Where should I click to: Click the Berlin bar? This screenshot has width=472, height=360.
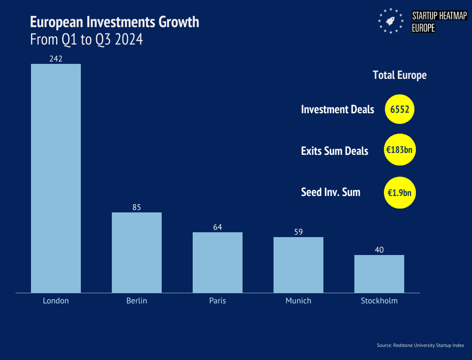coord(137,252)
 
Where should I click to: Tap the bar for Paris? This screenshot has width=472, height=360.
coord(217,262)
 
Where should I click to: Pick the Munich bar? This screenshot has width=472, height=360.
coord(298,265)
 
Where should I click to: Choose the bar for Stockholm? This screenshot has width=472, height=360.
coord(379,273)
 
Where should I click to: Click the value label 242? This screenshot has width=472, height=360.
coord(56,59)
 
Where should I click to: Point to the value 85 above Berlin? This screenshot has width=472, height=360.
coord(137,207)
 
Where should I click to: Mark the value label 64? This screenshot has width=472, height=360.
coord(217,227)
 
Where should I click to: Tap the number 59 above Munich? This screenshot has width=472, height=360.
coord(298,232)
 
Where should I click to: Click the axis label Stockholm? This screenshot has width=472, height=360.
coord(379,300)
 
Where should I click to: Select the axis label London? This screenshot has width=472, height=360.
coord(56,300)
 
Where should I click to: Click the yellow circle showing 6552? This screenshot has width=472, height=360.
coord(400,109)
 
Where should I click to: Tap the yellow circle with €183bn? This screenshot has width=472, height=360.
coord(400,150)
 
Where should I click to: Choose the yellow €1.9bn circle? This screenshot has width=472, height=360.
coord(400,192)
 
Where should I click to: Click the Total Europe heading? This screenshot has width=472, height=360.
coord(399,75)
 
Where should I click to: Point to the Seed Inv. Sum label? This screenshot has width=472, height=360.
coord(331,192)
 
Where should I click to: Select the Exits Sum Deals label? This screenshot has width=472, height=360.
coord(335,151)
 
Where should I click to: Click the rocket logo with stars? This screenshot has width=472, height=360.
coord(391,21)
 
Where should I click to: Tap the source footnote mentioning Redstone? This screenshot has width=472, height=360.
coord(420,345)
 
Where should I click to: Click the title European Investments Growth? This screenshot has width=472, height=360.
coord(114,22)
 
